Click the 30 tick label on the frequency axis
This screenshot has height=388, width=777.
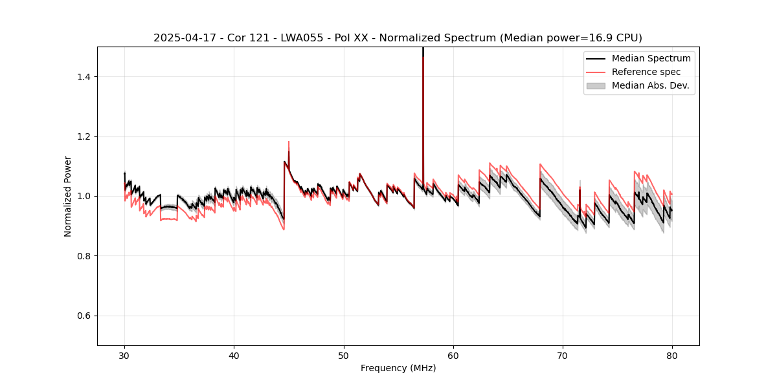(124, 355)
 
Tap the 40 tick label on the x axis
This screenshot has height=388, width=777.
(234, 355)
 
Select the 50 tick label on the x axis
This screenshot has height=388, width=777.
(344, 355)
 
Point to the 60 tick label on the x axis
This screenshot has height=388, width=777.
(453, 355)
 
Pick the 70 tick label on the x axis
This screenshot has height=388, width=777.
(563, 355)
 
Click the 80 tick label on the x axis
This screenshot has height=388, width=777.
(672, 355)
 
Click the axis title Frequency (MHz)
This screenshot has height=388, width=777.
(398, 368)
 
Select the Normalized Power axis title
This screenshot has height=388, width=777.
(68, 196)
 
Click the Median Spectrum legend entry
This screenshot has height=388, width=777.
(651, 58)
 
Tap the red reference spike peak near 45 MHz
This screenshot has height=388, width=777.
(289, 142)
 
